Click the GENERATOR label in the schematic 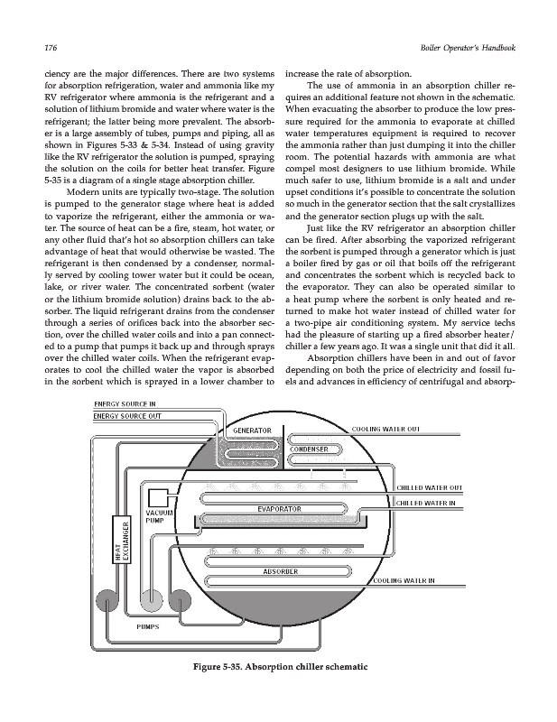tap(252, 430)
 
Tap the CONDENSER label tap(314, 449)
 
